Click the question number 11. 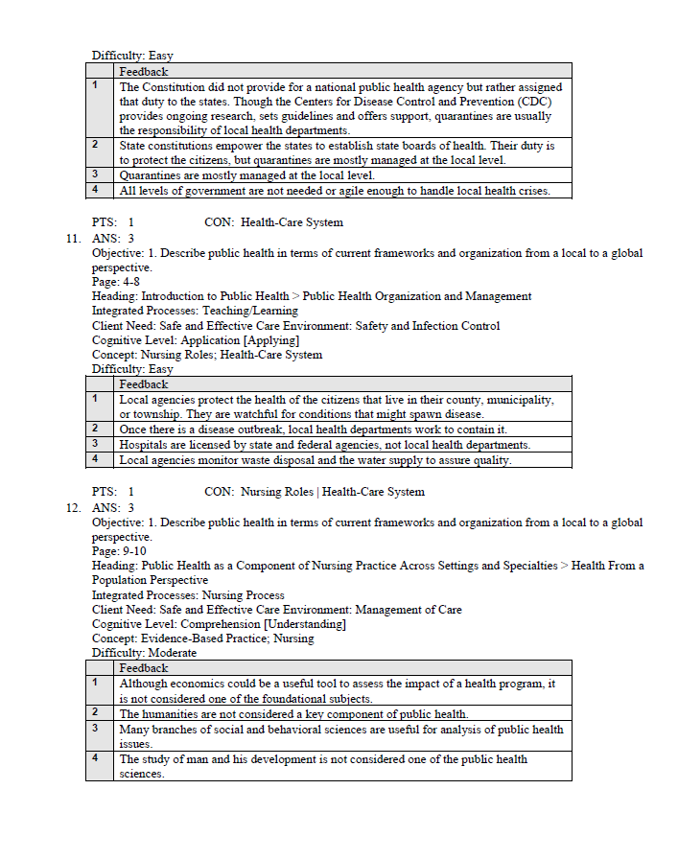pos(73,238)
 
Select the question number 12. pos(73,507)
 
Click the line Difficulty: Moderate pos(144,653)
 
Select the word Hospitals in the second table pos(146,445)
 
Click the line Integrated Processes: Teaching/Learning pos(195,311)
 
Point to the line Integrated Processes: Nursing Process pos(188,594)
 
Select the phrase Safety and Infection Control pos(428,326)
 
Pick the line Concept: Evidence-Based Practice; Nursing pos(202,638)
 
